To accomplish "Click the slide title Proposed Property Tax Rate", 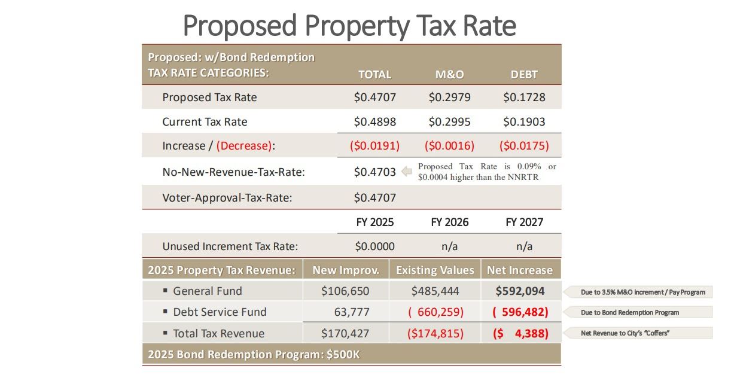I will [x=349, y=26].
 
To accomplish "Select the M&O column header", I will [x=449, y=75].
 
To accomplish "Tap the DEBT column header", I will [x=524, y=75].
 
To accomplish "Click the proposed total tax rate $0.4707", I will [x=374, y=97].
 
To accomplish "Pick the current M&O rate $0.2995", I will [x=449, y=121].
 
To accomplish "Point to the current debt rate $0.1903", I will [x=524, y=121].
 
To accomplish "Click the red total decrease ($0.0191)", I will [x=374, y=145].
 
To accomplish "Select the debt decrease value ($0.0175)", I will [x=524, y=145].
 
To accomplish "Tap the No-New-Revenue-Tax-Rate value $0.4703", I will [x=374, y=172].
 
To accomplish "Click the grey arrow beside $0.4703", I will [x=407, y=172].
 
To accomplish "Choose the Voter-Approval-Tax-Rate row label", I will [x=227, y=197].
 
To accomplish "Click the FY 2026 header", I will [x=449, y=222].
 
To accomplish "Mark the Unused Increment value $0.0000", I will [x=374, y=246].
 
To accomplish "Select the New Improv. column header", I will [x=346, y=270].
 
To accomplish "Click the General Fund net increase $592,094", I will [x=520, y=291].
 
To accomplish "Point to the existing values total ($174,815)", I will [x=435, y=334].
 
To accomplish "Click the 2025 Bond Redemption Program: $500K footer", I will [x=254, y=354].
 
